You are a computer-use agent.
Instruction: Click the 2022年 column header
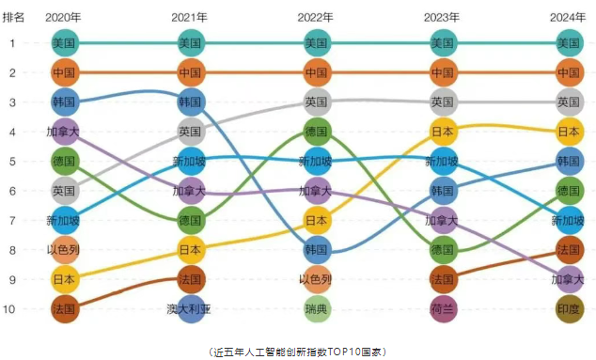tap(317, 17)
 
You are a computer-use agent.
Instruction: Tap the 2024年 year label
tap(569, 17)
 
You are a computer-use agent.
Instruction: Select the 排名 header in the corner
tap(26, 17)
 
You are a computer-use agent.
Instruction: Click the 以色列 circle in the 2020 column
tap(64, 250)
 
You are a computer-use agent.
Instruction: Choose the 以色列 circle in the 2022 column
tap(317, 279)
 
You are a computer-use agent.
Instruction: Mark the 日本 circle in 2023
tap(443, 132)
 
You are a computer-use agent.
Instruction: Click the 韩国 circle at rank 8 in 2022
tap(317, 250)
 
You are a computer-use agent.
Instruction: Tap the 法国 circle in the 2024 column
tap(569, 250)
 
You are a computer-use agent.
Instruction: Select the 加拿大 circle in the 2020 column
tap(64, 132)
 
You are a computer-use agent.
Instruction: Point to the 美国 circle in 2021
tap(191, 42)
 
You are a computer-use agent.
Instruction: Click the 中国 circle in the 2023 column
tap(443, 72)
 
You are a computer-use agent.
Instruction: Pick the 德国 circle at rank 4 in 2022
tap(317, 132)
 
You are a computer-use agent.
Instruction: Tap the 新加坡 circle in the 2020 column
tap(64, 220)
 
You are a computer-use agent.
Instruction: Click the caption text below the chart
tap(297, 350)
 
